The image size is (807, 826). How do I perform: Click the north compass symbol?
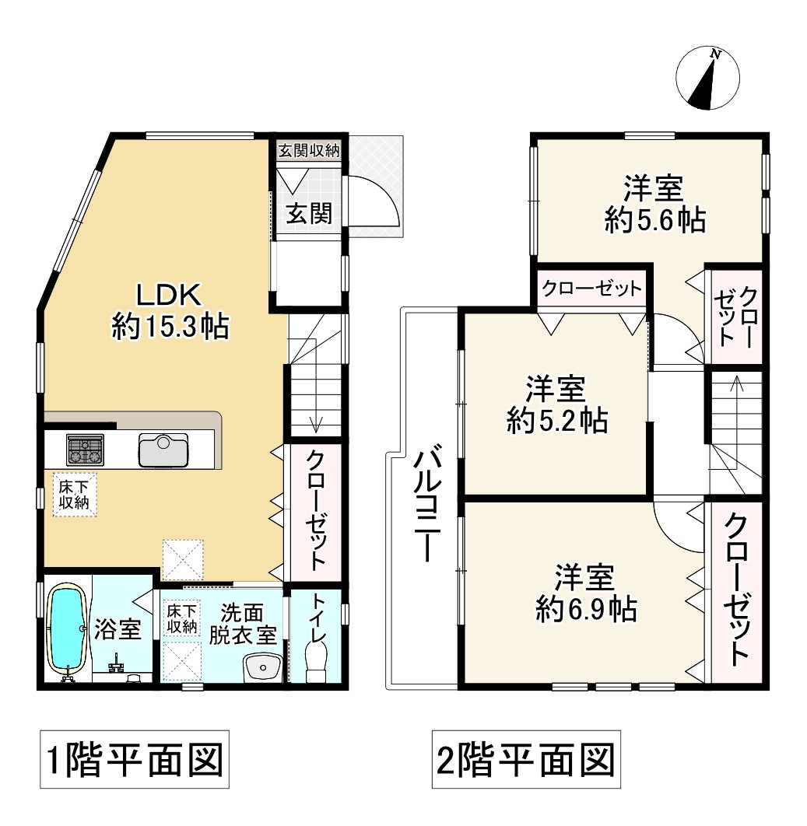(x=707, y=78)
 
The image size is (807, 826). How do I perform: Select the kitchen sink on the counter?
(x=163, y=450)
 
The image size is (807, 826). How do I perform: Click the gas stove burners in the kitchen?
(x=85, y=450)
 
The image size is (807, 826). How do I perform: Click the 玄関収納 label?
(x=309, y=151)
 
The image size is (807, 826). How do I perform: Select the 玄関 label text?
(x=310, y=213)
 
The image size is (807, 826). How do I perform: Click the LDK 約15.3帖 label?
(x=170, y=311)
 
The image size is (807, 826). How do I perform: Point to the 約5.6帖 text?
(x=655, y=219)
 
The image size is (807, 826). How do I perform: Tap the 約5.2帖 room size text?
(x=557, y=420)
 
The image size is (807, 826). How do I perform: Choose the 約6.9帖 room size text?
(x=586, y=609)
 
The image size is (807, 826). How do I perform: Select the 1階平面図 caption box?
(x=135, y=759)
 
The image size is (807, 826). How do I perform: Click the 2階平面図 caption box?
(x=526, y=759)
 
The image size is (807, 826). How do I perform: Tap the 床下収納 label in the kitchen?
(x=75, y=494)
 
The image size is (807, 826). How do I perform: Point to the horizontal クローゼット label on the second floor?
(x=592, y=288)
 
